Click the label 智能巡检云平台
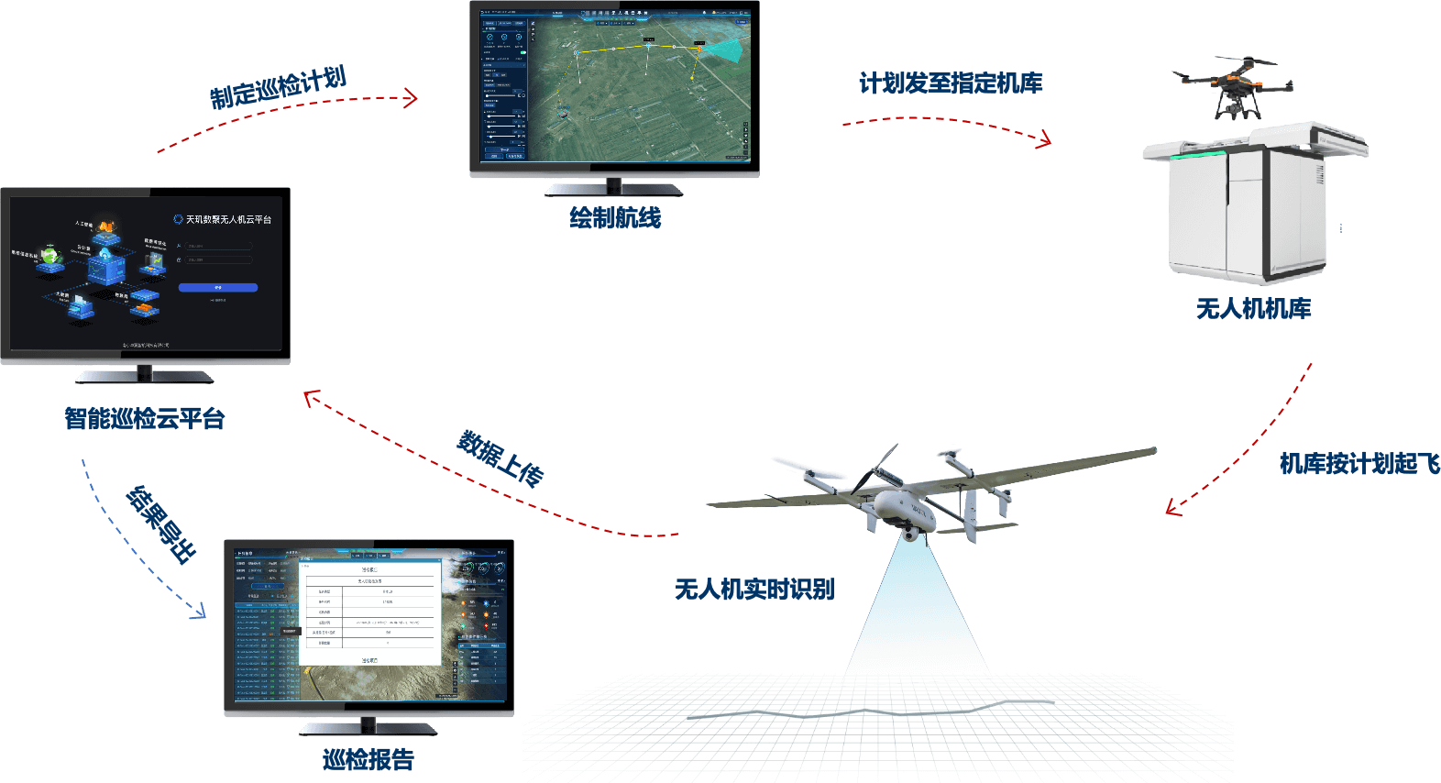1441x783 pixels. coord(145,418)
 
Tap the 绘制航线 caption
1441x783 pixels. coord(615,217)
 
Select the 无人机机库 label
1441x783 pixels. coord(1253,308)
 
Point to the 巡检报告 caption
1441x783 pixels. coord(368,759)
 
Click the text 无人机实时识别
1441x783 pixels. coord(754,589)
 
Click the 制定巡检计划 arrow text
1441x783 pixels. coord(278,87)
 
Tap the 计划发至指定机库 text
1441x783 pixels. coord(951,83)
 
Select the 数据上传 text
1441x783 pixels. coord(500,457)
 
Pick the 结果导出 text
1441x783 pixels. coord(161,524)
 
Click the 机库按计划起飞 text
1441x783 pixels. coord(1358,463)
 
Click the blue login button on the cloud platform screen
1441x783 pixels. coord(218,288)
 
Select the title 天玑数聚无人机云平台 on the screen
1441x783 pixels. coord(228,220)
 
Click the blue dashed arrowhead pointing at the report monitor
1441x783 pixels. coord(199,612)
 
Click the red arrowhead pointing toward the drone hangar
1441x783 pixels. coord(1044,140)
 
